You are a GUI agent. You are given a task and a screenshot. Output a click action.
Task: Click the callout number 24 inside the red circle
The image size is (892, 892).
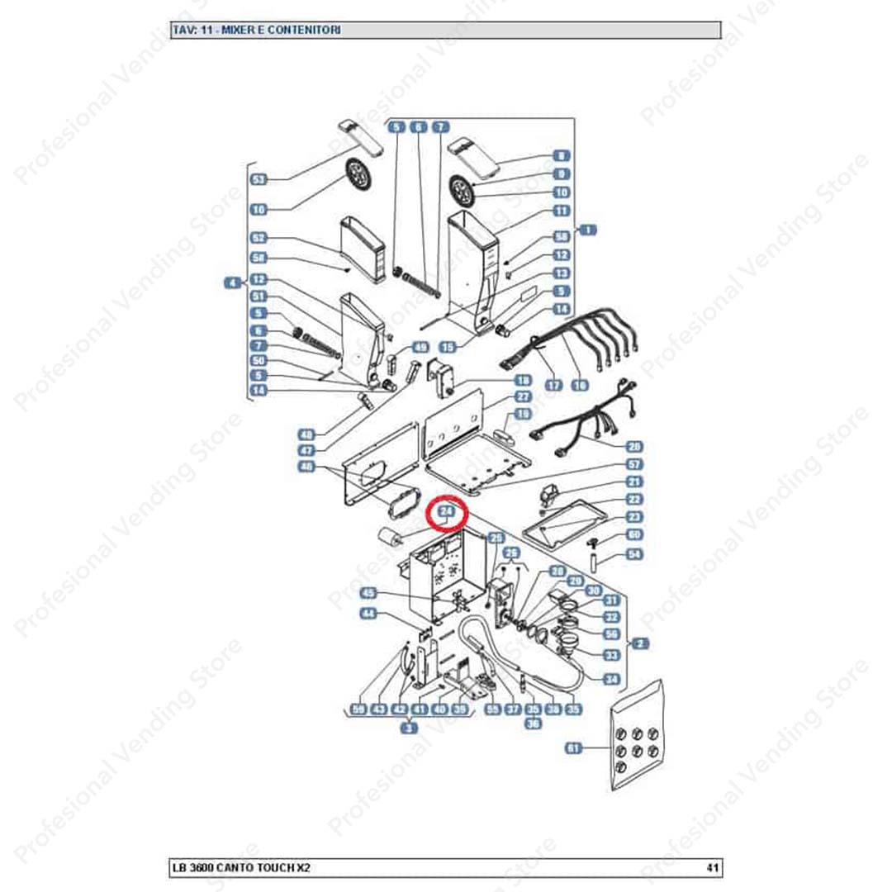click(447, 513)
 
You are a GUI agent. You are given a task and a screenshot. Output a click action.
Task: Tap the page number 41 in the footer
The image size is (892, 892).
click(712, 867)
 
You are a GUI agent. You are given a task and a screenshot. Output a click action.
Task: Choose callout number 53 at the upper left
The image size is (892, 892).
click(259, 179)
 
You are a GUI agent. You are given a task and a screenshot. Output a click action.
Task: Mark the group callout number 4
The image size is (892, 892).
click(232, 282)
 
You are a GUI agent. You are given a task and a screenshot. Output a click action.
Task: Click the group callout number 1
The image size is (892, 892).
click(588, 230)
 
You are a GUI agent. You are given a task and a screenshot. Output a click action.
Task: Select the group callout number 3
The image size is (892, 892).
click(409, 728)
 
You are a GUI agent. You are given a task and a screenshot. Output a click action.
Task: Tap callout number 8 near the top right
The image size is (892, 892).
click(562, 155)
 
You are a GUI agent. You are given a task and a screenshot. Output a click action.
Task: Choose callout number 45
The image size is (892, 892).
click(368, 593)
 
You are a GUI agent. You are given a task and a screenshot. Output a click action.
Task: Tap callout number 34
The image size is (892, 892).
click(611, 680)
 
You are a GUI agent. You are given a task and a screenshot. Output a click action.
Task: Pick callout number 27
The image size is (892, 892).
click(523, 397)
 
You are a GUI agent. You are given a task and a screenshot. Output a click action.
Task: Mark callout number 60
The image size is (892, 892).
click(634, 535)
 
